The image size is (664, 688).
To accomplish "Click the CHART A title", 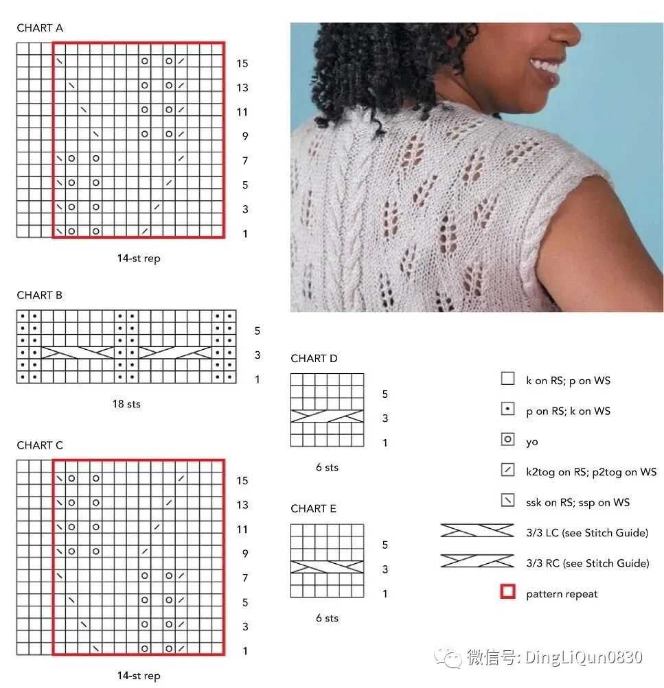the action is (x=40, y=28).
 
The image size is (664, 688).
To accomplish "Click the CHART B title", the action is (x=40, y=295).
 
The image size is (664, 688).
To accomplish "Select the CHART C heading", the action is (x=40, y=445).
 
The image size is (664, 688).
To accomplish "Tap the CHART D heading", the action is (x=314, y=359).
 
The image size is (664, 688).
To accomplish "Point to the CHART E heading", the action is (x=314, y=508).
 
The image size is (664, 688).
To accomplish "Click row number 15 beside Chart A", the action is (x=242, y=64).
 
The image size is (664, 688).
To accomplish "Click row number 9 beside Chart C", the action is (x=245, y=554).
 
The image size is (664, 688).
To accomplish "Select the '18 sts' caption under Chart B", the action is (x=126, y=404).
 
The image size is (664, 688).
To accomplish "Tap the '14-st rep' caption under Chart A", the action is (x=139, y=259).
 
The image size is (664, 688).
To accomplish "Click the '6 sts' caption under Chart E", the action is (x=327, y=618).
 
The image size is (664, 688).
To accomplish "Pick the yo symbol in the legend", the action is (x=507, y=439).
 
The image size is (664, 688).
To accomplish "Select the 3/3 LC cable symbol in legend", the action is (x=477, y=530).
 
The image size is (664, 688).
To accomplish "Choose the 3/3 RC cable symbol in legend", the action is (x=477, y=560).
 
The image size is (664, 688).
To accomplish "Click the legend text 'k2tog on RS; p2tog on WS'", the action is (x=591, y=472).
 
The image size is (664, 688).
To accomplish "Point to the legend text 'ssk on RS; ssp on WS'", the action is (x=578, y=502).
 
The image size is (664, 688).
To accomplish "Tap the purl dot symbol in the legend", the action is (x=507, y=409).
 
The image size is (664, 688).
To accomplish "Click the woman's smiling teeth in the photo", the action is (x=545, y=67).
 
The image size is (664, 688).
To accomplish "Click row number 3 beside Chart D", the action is (x=385, y=418).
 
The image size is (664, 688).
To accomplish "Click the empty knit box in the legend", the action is (x=507, y=378).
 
